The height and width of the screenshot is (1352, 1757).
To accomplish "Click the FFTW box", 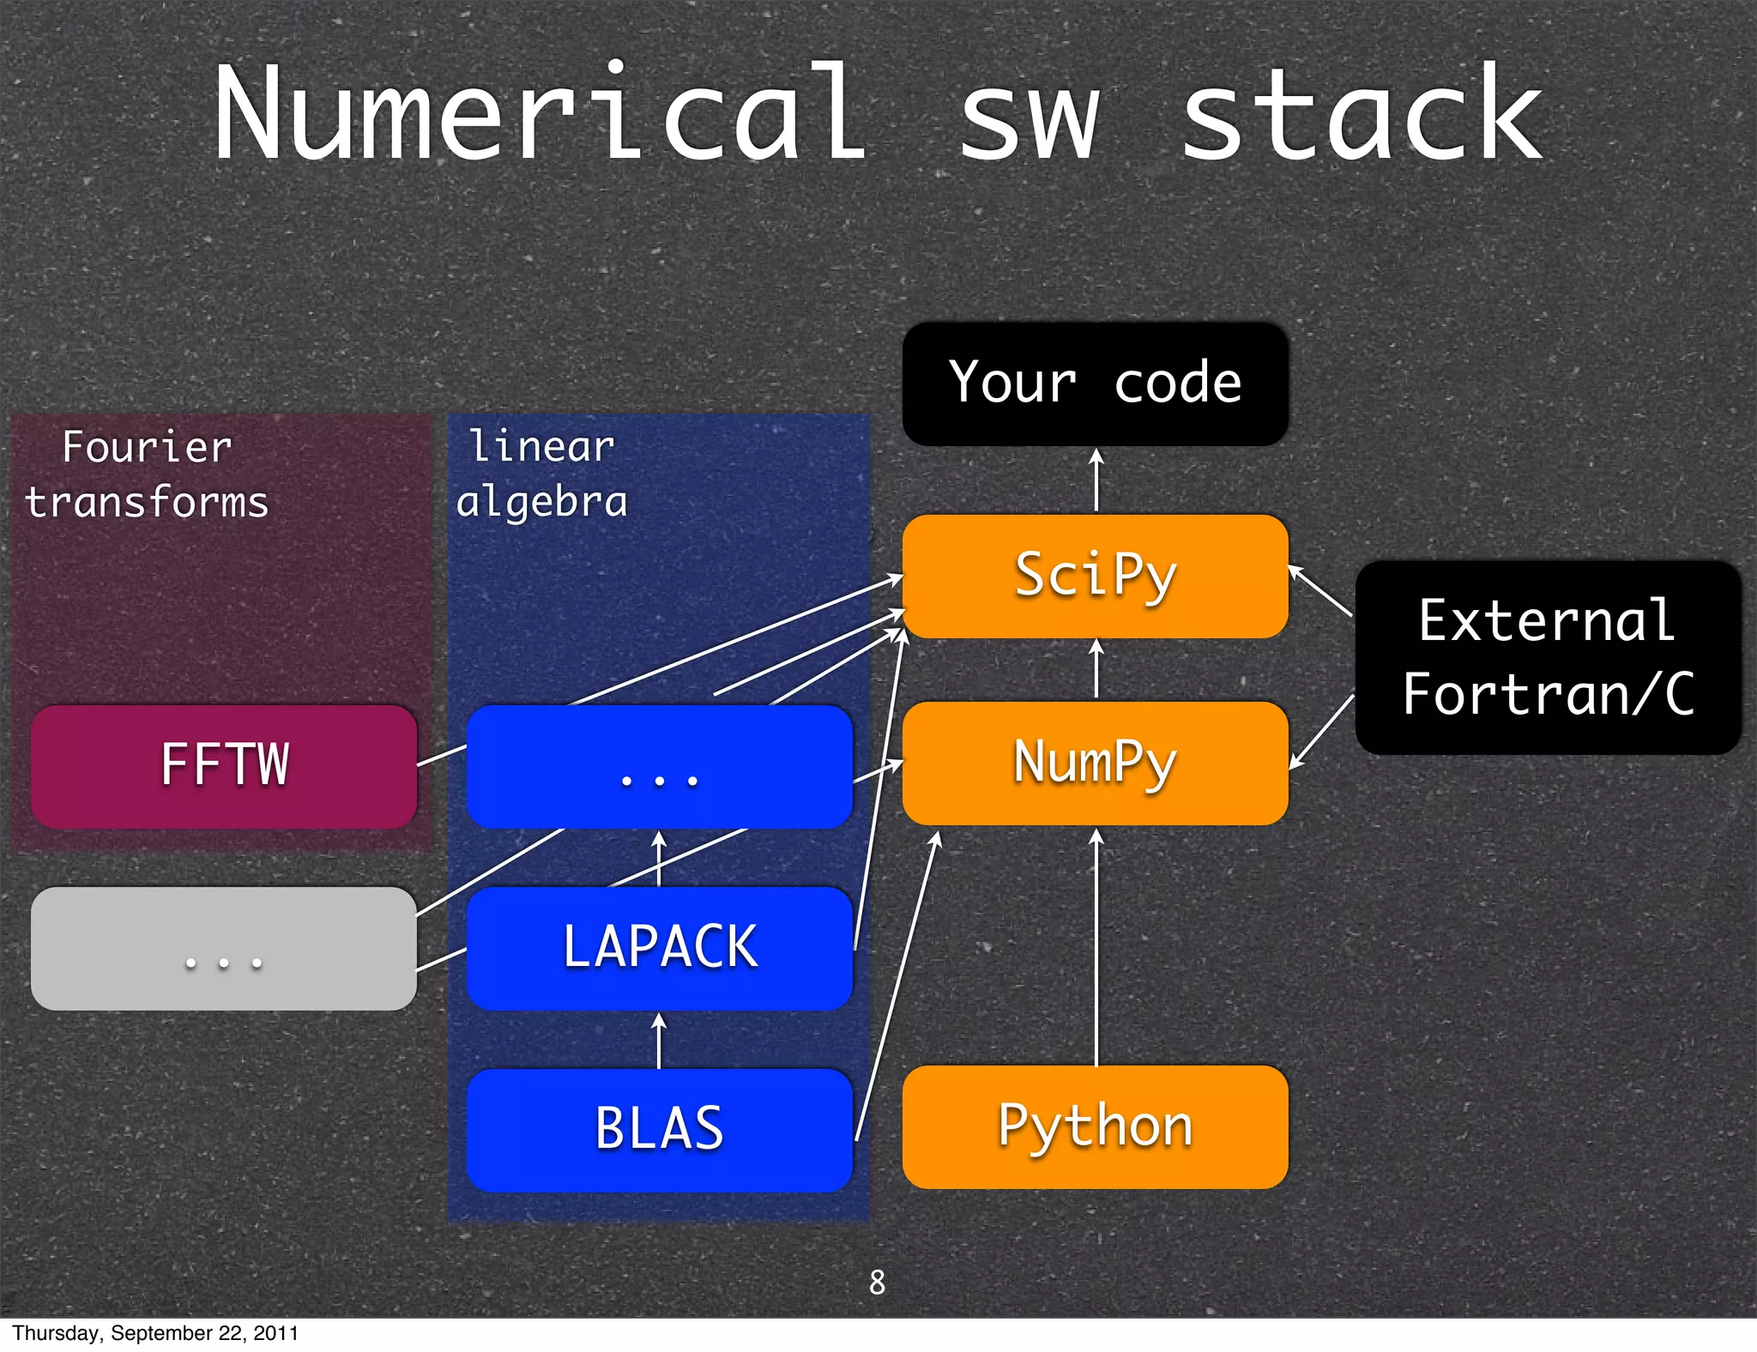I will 224,766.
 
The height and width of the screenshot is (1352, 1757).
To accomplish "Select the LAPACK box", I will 659,948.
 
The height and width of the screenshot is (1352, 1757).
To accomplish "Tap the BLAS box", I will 659,1129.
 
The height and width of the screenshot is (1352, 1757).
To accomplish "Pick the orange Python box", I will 1095,1126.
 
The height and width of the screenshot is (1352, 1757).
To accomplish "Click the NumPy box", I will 1095,763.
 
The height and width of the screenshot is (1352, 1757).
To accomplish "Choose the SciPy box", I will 1095,576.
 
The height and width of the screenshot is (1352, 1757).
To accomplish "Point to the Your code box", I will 1095,383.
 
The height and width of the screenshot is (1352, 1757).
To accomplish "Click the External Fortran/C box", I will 1548,657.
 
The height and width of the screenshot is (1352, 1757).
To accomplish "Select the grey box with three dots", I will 224,948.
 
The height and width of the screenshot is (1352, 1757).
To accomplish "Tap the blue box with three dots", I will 659,766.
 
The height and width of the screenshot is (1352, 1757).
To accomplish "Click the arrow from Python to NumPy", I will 1096,944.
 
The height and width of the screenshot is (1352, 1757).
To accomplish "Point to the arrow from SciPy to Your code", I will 1096,480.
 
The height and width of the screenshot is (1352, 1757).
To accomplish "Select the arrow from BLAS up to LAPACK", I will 659,1040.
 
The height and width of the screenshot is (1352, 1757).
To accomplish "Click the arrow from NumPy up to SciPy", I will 1096,670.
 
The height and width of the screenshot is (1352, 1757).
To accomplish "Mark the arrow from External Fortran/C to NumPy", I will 1321,732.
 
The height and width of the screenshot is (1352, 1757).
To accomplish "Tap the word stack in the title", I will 1362,113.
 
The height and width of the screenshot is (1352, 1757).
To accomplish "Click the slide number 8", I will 877,1282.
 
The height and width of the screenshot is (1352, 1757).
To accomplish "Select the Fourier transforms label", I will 147,474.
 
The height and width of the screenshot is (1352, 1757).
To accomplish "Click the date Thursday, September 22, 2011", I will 155,1333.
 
